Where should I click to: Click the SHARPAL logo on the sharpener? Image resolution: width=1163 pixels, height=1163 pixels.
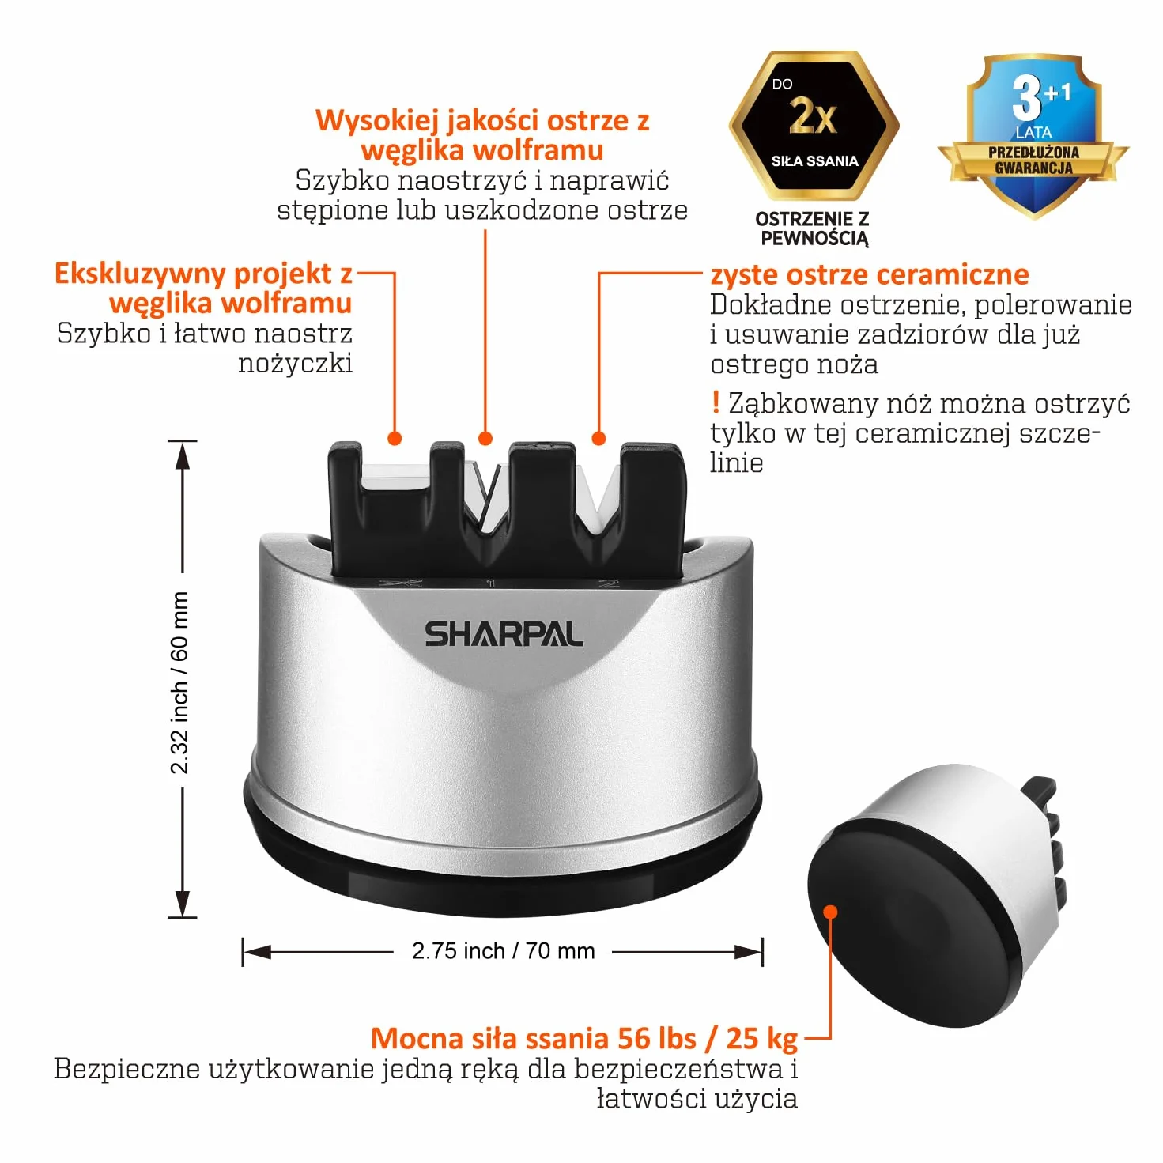tap(504, 634)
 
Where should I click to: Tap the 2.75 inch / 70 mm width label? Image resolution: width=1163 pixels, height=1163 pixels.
tap(504, 951)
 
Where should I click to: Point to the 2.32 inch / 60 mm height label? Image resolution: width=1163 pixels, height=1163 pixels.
tap(179, 682)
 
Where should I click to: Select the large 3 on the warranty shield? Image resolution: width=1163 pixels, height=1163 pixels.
tap(1026, 100)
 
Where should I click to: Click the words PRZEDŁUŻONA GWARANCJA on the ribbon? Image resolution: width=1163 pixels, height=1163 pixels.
tap(1033, 160)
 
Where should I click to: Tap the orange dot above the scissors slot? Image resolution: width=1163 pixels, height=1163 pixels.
tap(395, 438)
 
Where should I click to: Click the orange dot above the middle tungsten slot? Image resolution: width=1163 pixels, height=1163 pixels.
tap(485, 438)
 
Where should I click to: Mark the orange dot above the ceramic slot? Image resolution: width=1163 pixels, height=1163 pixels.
tap(598, 438)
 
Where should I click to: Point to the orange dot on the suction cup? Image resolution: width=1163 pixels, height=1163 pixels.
tap(830, 912)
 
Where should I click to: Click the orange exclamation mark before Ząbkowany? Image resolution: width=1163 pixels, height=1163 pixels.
tap(716, 402)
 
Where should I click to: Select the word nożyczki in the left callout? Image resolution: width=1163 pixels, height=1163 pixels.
tap(295, 364)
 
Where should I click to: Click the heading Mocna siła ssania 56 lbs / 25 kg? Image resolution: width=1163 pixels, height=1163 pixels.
tap(584, 1039)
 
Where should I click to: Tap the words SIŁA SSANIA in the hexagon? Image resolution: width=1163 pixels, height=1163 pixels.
tap(815, 161)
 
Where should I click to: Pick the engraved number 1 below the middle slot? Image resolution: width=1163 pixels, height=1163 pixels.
tap(491, 583)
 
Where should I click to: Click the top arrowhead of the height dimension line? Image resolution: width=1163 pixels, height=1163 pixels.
tap(183, 455)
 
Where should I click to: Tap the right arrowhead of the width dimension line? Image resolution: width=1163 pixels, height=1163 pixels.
tap(749, 953)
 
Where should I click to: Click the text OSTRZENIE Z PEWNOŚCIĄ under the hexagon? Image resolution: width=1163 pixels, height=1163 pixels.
tap(812, 229)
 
